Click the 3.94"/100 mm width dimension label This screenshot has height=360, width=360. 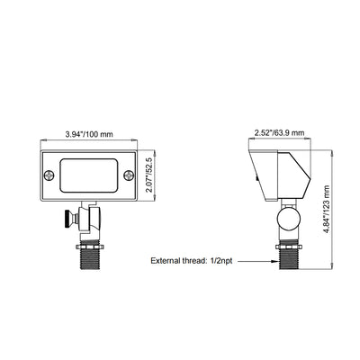click(x=89, y=134)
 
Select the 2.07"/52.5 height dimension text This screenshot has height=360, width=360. click(x=149, y=175)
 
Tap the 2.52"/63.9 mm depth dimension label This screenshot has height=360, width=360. click(x=279, y=132)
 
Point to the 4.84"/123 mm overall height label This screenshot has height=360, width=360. click(x=327, y=209)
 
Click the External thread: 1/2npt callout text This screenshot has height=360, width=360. click(x=192, y=261)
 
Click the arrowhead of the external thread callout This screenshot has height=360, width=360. click(x=274, y=261)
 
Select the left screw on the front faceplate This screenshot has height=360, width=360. click(x=49, y=175)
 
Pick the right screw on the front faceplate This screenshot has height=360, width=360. click(x=129, y=175)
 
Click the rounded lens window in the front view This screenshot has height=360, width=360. click(x=89, y=175)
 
